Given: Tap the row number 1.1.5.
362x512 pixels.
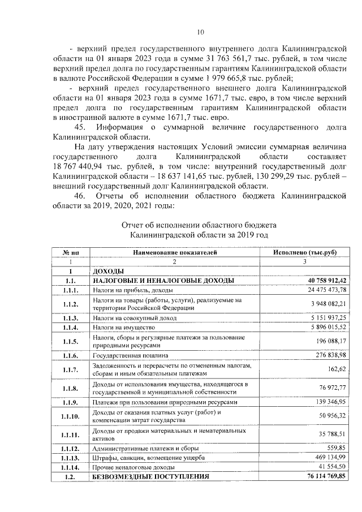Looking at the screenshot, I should [71, 342].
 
